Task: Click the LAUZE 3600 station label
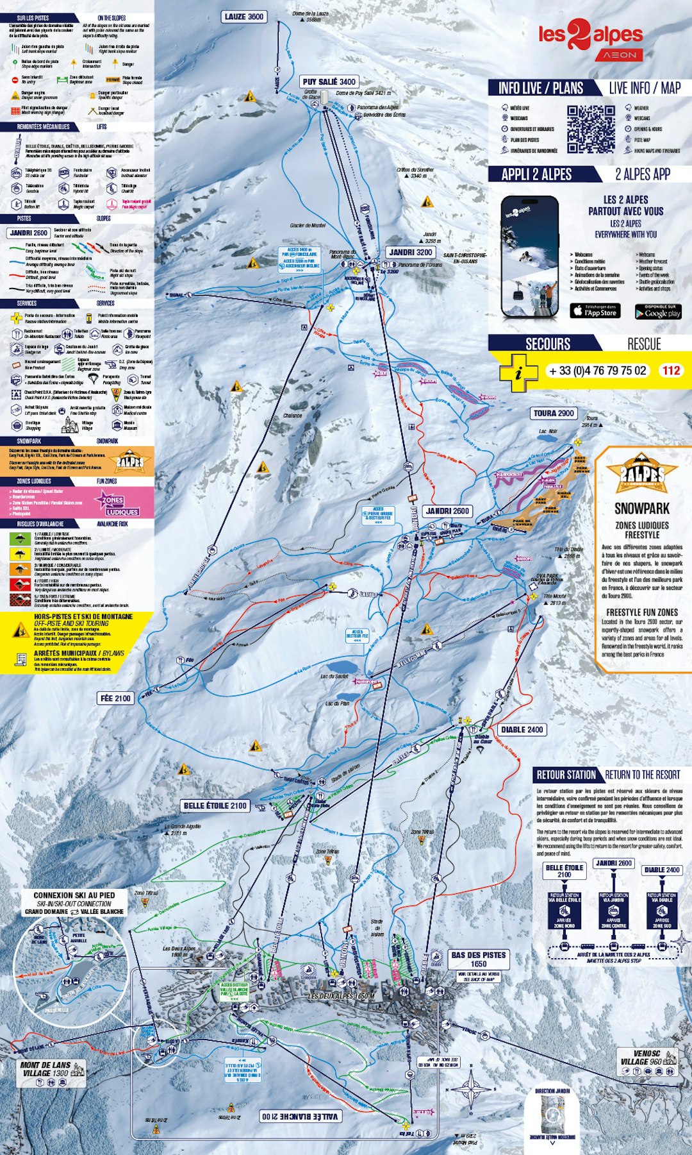pos(244,17)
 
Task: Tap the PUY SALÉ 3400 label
pos(329,81)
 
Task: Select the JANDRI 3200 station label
pos(410,252)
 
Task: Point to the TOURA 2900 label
pos(554,413)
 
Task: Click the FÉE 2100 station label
pos(115,698)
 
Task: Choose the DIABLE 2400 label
pos(522,729)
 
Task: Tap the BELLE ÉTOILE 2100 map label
pos(215,805)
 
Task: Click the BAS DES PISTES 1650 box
pos(478,959)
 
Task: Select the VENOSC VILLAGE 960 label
pos(647,1057)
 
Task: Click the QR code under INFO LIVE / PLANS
pos(591,129)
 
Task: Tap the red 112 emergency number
pos(671,370)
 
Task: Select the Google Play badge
pos(658,312)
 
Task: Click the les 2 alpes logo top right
pos(590,38)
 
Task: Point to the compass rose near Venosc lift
pos(472,1088)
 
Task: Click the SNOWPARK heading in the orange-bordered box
pos(641,509)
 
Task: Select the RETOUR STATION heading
pos(566,775)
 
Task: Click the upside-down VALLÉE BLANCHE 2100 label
pos(299,1117)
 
